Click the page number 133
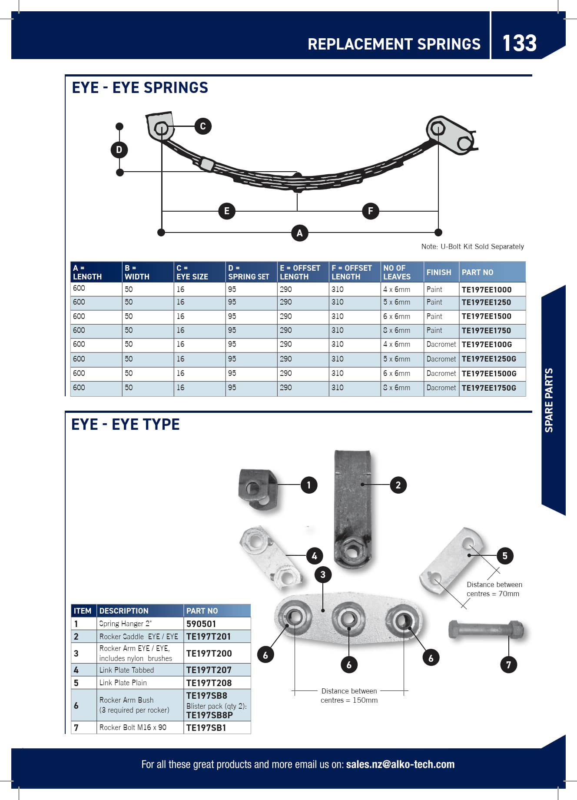pyautogui.click(x=519, y=43)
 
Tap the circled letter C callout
pyautogui.click(x=202, y=126)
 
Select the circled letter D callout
pyautogui.click(x=119, y=150)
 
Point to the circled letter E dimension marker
pyautogui.click(x=226, y=211)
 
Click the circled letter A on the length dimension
pyautogui.click(x=299, y=233)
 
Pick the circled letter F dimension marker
pyautogui.click(x=370, y=211)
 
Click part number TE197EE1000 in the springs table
pyautogui.click(x=486, y=289)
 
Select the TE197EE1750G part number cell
pyautogui.click(x=488, y=388)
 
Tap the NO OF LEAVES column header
pyautogui.click(x=396, y=272)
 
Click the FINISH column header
pyautogui.click(x=438, y=272)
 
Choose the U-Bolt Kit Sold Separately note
pyautogui.click(x=472, y=246)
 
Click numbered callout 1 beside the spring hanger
pyautogui.click(x=309, y=485)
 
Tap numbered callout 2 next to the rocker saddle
pyautogui.click(x=398, y=485)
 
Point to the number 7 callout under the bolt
pyautogui.click(x=508, y=664)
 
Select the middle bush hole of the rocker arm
pyautogui.click(x=349, y=618)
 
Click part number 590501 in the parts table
pyautogui.click(x=201, y=624)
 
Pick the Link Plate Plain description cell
pyautogui.click(x=123, y=683)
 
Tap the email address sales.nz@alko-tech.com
pyautogui.click(x=400, y=764)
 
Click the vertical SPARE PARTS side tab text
pyautogui.click(x=549, y=400)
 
